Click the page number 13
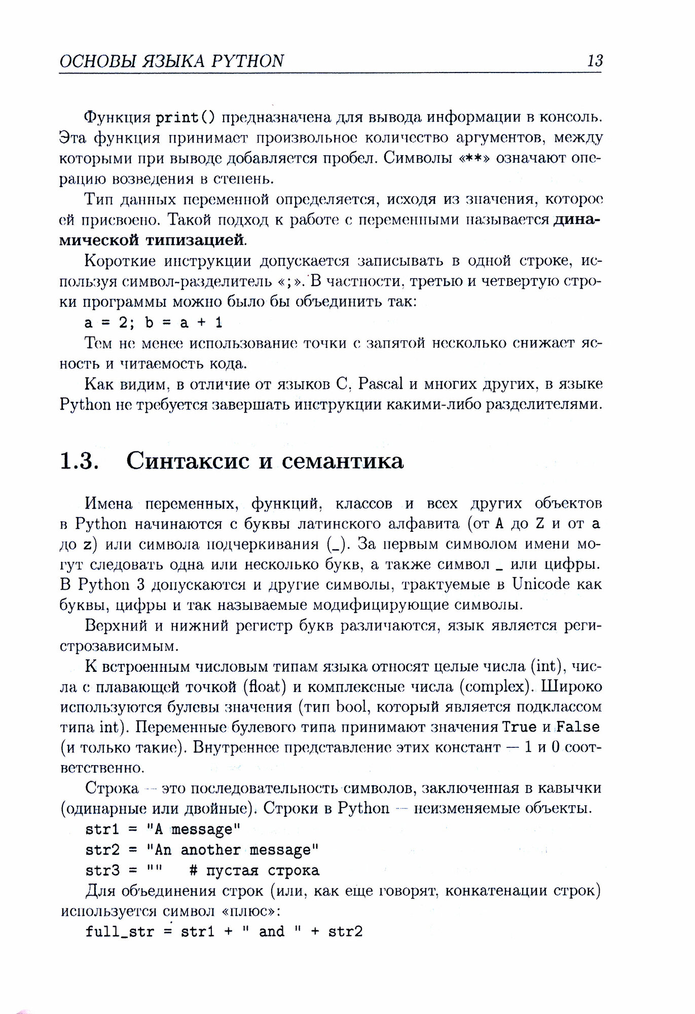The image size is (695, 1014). [x=595, y=61]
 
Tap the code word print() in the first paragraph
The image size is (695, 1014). [x=185, y=118]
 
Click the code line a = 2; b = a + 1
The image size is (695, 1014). [x=154, y=322]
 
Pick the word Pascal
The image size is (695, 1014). [x=380, y=384]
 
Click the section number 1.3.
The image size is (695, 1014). [x=79, y=460]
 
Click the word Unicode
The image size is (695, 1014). [x=541, y=584]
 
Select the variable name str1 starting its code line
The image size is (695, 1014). [x=102, y=829]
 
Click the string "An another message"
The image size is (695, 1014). [x=232, y=850]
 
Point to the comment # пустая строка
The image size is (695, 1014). [x=254, y=871]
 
